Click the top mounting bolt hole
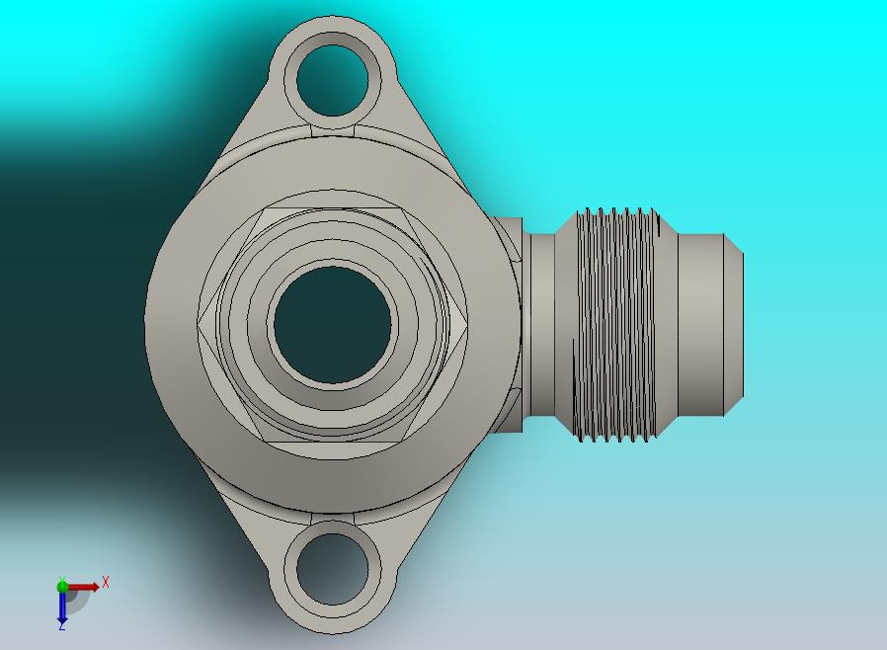(332, 80)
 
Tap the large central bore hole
(333, 325)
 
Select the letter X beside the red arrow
(106, 582)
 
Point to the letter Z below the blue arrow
(61, 627)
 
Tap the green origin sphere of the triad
(62, 586)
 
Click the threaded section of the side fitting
(615, 325)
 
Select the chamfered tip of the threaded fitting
(734, 325)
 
